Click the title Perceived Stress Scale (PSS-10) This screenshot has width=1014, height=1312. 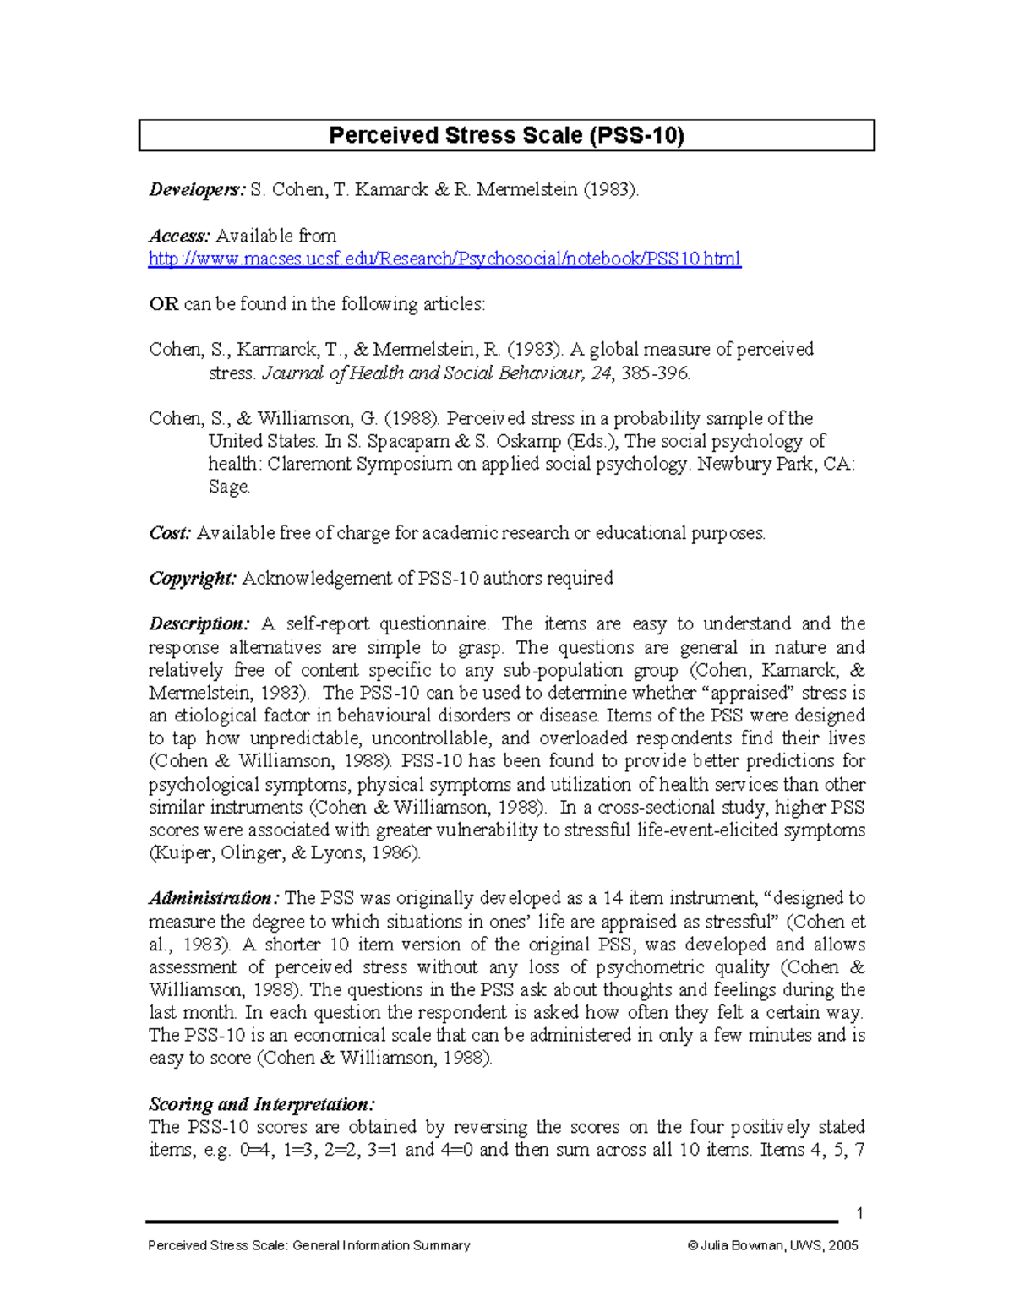pyautogui.click(x=506, y=135)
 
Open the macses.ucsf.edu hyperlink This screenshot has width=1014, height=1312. pyautogui.click(x=444, y=259)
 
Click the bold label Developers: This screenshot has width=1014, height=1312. pyautogui.click(x=197, y=189)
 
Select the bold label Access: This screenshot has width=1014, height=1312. pyautogui.click(x=179, y=236)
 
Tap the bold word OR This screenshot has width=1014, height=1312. pyautogui.click(x=163, y=304)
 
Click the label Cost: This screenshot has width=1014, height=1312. pyautogui.click(x=170, y=533)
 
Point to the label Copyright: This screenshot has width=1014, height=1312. pyautogui.click(x=193, y=579)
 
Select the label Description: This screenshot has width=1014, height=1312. pyautogui.click(x=199, y=624)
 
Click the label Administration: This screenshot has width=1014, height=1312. pyautogui.click(x=214, y=898)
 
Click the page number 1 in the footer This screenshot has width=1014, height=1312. pyautogui.click(x=859, y=1214)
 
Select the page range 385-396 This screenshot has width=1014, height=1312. pyautogui.click(x=655, y=373)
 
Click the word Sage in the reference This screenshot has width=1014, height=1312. pyautogui.click(x=228, y=487)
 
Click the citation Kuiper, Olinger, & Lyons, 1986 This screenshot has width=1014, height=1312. pyautogui.click(x=284, y=853)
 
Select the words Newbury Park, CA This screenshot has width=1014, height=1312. pyautogui.click(x=775, y=465)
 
